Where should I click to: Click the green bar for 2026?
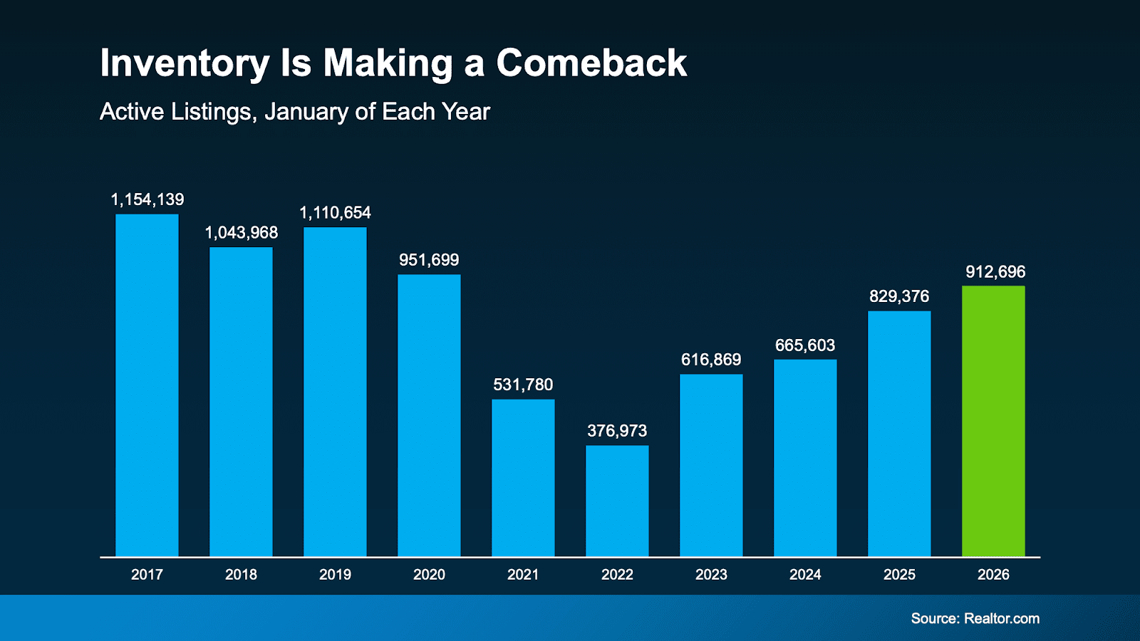993,420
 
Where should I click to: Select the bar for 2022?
617,501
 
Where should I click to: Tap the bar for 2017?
147,385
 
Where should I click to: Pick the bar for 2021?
523,477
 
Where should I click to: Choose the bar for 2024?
805,457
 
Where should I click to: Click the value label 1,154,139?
147,199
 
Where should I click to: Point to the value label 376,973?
617,431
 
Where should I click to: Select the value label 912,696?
995,272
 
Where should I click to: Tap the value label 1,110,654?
335,213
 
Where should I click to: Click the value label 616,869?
711,360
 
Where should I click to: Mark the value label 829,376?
899,296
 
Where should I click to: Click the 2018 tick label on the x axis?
241,575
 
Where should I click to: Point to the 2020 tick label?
429,575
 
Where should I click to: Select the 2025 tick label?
899,575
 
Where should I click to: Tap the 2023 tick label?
711,575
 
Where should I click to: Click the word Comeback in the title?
591,63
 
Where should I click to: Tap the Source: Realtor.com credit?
975,618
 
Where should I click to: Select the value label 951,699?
429,260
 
